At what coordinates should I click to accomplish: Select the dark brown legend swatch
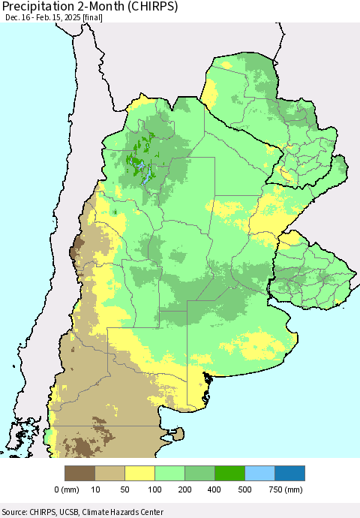[x=80, y=473]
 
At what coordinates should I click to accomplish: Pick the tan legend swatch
[x=110, y=473]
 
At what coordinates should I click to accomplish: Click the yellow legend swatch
[x=140, y=473]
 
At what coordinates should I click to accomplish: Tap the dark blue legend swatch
[x=290, y=473]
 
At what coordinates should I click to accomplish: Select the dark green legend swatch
[x=230, y=473]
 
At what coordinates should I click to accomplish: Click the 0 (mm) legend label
[x=67, y=489]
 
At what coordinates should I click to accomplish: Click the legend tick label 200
[x=185, y=489]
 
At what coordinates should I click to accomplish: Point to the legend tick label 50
[x=125, y=489]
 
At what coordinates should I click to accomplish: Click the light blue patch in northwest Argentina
[x=149, y=175]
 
